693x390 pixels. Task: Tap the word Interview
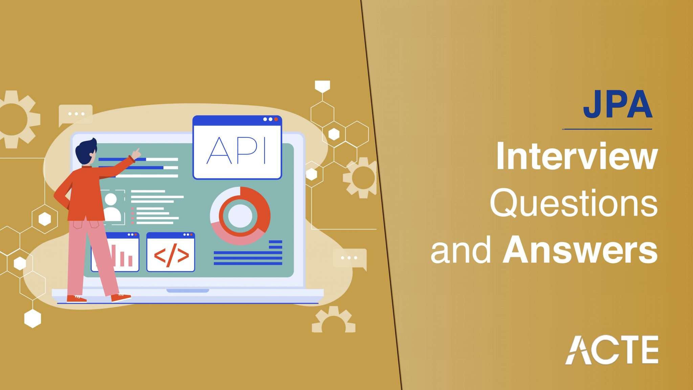coord(577,157)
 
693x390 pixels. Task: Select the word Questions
coord(574,203)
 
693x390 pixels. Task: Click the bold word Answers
coord(580,251)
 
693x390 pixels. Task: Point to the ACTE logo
coord(611,350)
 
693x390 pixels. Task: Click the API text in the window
coord(237,151)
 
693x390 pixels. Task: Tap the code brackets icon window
coord(171,252)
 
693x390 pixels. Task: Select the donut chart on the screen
coord(240,216)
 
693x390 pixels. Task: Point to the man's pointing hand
coord(136,153)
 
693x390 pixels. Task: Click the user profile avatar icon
coord(112,207)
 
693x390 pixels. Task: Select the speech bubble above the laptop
coord(75,114)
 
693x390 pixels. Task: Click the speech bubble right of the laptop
coord(350,258)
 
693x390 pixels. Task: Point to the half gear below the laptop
coord(334,320)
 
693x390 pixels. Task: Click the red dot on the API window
coord(276,119)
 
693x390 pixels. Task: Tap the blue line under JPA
coord(607,129)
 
